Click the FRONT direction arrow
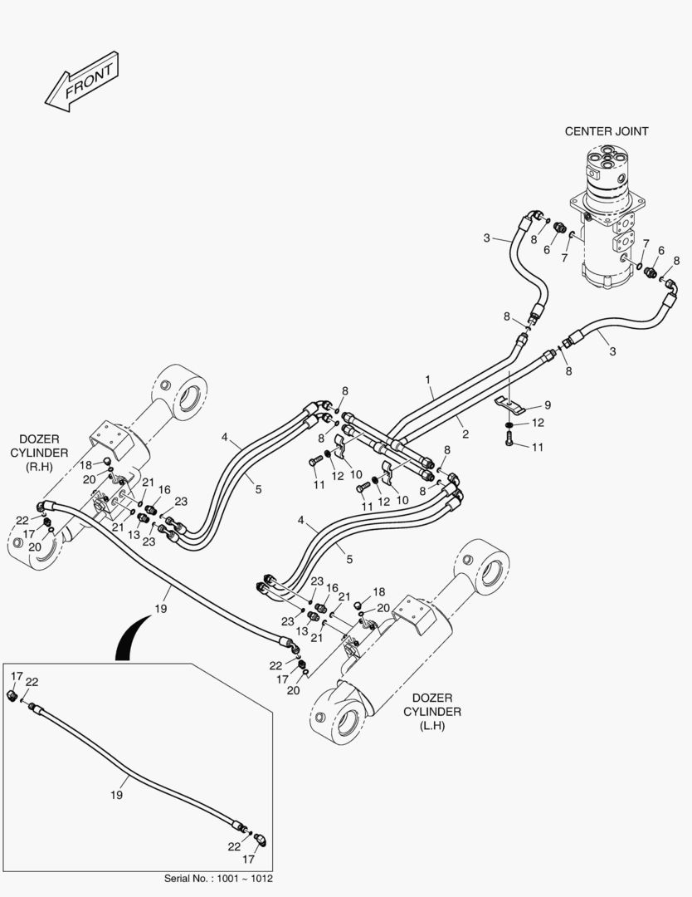click(81, 81)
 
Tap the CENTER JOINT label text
click(607, 131)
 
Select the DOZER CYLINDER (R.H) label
click(39, 453)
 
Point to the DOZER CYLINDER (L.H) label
click(432, 712)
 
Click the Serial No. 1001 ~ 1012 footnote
click(218, 878)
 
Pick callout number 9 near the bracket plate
click(548, 405)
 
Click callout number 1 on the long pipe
click(427, 380)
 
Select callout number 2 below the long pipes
click(465, 434)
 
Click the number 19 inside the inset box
click(116, 795)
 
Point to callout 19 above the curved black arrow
click(161, 609)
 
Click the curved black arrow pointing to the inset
click(129, 638)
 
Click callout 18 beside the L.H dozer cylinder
click(379, 592)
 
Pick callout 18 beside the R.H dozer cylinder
click(85, 465)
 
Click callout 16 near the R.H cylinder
click(164, 490)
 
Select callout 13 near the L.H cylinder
click(302, 631)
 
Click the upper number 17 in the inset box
click(17, 676)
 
